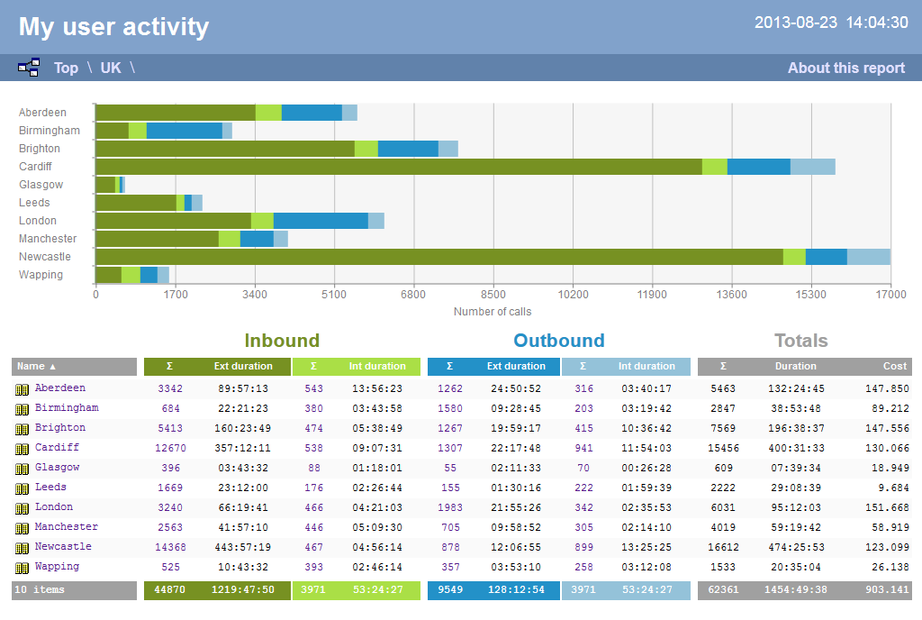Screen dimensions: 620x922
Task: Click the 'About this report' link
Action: pyautogui.click(x=845, y=68)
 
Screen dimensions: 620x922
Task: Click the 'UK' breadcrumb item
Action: pyautogui.click(x=111, y=68)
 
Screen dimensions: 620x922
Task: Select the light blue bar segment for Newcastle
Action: pyautogui.click(x=868, y=257)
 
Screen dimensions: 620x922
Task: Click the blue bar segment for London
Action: pyautogui.click(x=321, y=221)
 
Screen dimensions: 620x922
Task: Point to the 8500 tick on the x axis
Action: pyautogui.click(x=493, y=294)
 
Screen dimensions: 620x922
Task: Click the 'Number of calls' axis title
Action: pyautogui.click(x=493, y=312)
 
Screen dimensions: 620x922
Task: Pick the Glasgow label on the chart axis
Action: pyautogui.click(x=41, y=185)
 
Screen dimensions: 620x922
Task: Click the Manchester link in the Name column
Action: pyautogui.click(x=67, y=526)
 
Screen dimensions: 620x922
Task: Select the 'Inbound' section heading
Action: pyautogui.click(x=282, y=341)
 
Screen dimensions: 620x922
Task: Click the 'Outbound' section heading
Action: pyautogui.click(x=559, y=341)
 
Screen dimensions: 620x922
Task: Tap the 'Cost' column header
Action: pyautogui.click(x=894, y=367)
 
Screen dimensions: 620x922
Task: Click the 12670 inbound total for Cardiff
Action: pyautogui.click(x=170, y=448)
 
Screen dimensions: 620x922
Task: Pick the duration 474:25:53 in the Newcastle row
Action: pyautogui.click(x=795, y=547)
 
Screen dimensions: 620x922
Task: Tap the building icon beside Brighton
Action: pyautogui.click(x=23, y=429)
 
